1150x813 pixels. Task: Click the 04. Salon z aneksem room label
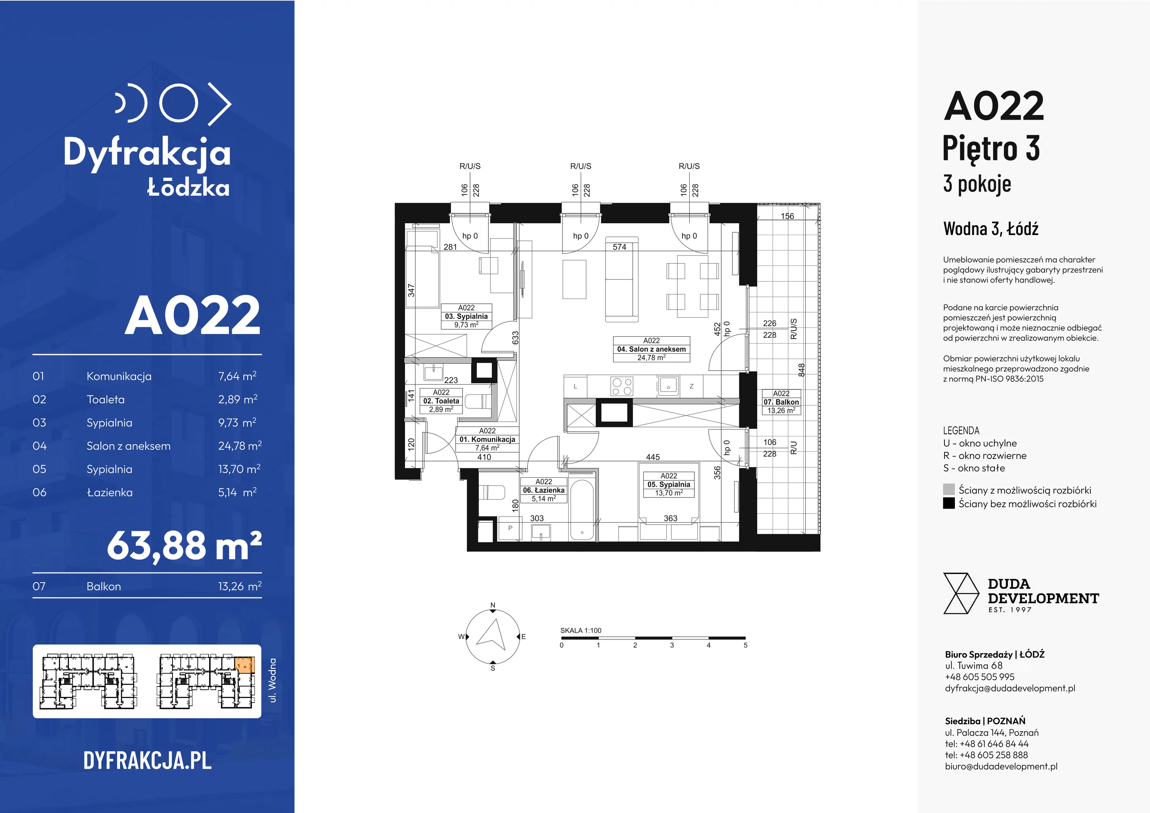coord(651,349)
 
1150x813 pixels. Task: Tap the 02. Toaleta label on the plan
coord(441,401)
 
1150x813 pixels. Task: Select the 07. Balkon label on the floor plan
coord(781,402)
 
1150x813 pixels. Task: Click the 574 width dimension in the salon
coord(620,247)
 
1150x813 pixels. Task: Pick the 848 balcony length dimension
coord(801,370)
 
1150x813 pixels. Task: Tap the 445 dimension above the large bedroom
coord(653,457)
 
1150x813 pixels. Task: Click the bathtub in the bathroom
coord(582,510)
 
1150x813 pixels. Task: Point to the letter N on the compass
coord(493,605)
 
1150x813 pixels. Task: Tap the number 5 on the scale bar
coord(745,645)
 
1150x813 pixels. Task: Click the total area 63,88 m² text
coord(184,546)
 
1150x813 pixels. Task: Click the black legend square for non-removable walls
coord(949,504)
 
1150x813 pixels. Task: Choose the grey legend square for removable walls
coord(949,490)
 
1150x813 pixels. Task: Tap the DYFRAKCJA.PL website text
coord(147,761)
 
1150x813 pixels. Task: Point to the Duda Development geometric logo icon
coord(961,594)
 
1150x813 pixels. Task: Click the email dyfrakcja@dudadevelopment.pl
coord(1010,688)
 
